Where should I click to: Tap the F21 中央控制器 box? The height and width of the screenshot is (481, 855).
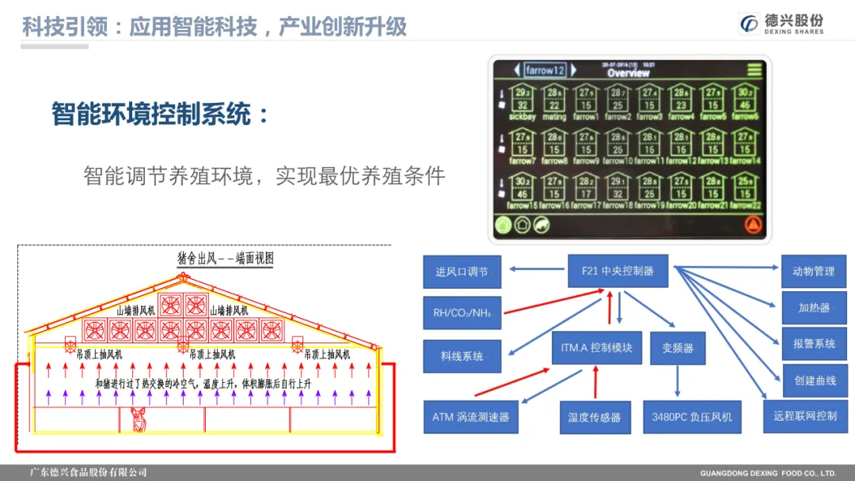pyautogui.click(x=617, y=271)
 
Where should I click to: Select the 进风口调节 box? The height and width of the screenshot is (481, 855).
pyautogui.click(x=462, y=272)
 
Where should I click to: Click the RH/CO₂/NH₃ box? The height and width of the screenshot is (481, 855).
pyautogui.click(x=462, y=313)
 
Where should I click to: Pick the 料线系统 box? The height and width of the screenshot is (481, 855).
pyautogui.click(x=462, y=356)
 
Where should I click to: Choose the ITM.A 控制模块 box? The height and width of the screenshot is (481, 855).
pyautogui.click(x=596, y=348)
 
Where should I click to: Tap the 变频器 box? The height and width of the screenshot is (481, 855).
pyautogui.click(x=677, y=348)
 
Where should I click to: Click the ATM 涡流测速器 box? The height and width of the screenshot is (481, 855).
pyautogui.click(x=470, y=416)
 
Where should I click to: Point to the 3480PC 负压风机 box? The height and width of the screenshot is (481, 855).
pyautogui.click(x=691, y=417)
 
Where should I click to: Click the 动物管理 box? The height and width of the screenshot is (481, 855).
pyautogui.click(x=813, y=271)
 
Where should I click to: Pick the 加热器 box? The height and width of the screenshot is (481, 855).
pyautogui.click(x=814, y=308)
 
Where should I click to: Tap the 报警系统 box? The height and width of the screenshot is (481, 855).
pyautogui.click(x=814, y=344)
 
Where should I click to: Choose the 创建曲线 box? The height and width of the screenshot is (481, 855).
pyautogui.click(x=815, y=381)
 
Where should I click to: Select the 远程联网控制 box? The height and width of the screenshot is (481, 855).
pyautogui.click(x=805, y=415)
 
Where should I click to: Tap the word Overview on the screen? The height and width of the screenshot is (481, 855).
pyautogui.click(x=628, y=73)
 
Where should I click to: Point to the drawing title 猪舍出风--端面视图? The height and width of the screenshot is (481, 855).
pyautogui.click(x=226, y=259)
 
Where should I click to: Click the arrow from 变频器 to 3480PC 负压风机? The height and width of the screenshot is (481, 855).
pyautogui.click(x=677, y=382)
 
